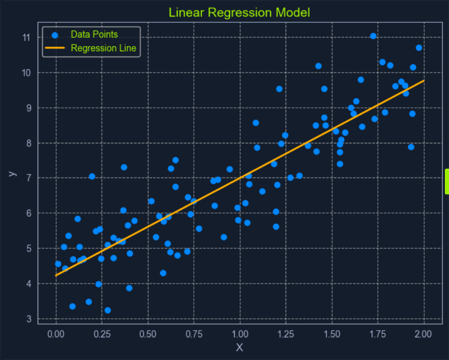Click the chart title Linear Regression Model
(239, 12)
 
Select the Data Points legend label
(94, 35)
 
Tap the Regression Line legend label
(103, 48)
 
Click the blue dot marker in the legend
(55, 35)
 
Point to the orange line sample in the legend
(55, 48)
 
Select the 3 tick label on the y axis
(29, 319)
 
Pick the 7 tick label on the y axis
(29, 178)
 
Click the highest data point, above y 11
(373, 36)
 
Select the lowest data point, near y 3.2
(108, 310)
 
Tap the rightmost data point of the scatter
(419, 48)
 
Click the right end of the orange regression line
(424, 81)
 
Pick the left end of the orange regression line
(56, 275)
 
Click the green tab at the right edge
(446, 181)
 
